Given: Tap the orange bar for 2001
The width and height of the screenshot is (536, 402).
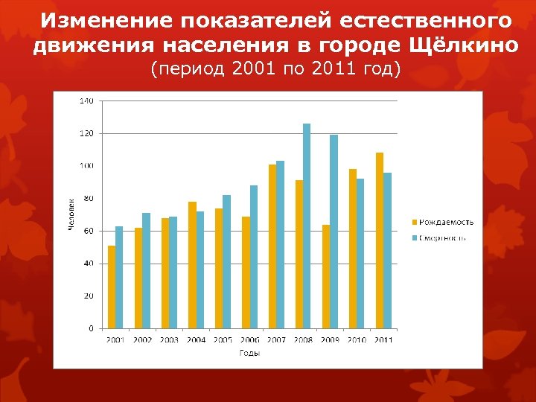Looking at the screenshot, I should [x=112, y=287].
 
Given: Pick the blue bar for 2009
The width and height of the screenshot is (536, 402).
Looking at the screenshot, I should [x=334, y=232].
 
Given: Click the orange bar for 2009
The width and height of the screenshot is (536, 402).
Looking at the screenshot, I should [x=326, y=276].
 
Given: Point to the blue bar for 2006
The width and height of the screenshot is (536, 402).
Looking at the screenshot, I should [x=253, y=257].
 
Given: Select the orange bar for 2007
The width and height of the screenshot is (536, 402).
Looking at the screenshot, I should [x=272, y=246].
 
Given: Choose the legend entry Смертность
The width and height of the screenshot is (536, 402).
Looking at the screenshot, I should [x=443, y=238].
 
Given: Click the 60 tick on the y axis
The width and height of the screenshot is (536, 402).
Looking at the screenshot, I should [x=89, y=231].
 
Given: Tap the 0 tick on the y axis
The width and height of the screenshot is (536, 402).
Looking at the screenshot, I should [x=91, y=328].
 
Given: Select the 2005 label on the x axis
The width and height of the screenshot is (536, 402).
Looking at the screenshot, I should [x=223, y=340].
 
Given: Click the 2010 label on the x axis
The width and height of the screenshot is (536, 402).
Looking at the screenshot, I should [x=357, y=340].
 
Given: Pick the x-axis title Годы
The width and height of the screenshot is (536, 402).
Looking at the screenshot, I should [x=249, y=353].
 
